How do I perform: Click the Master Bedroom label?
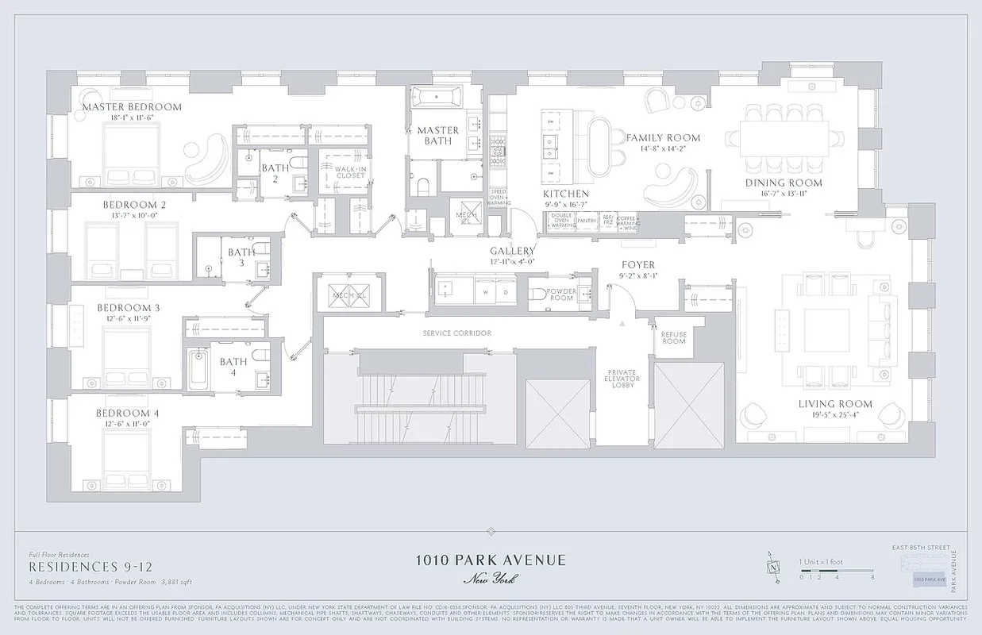(132, 107)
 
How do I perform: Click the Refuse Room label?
(673, 337)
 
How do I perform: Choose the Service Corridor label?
(456, 333)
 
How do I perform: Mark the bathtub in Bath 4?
(198, 368)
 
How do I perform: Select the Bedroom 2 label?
(134, 205)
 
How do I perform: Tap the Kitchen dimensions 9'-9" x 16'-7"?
(566, 205)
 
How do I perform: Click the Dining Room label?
(783, 183)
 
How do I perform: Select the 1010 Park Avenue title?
(491, 560)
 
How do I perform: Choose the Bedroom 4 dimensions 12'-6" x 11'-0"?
(128, 424)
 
